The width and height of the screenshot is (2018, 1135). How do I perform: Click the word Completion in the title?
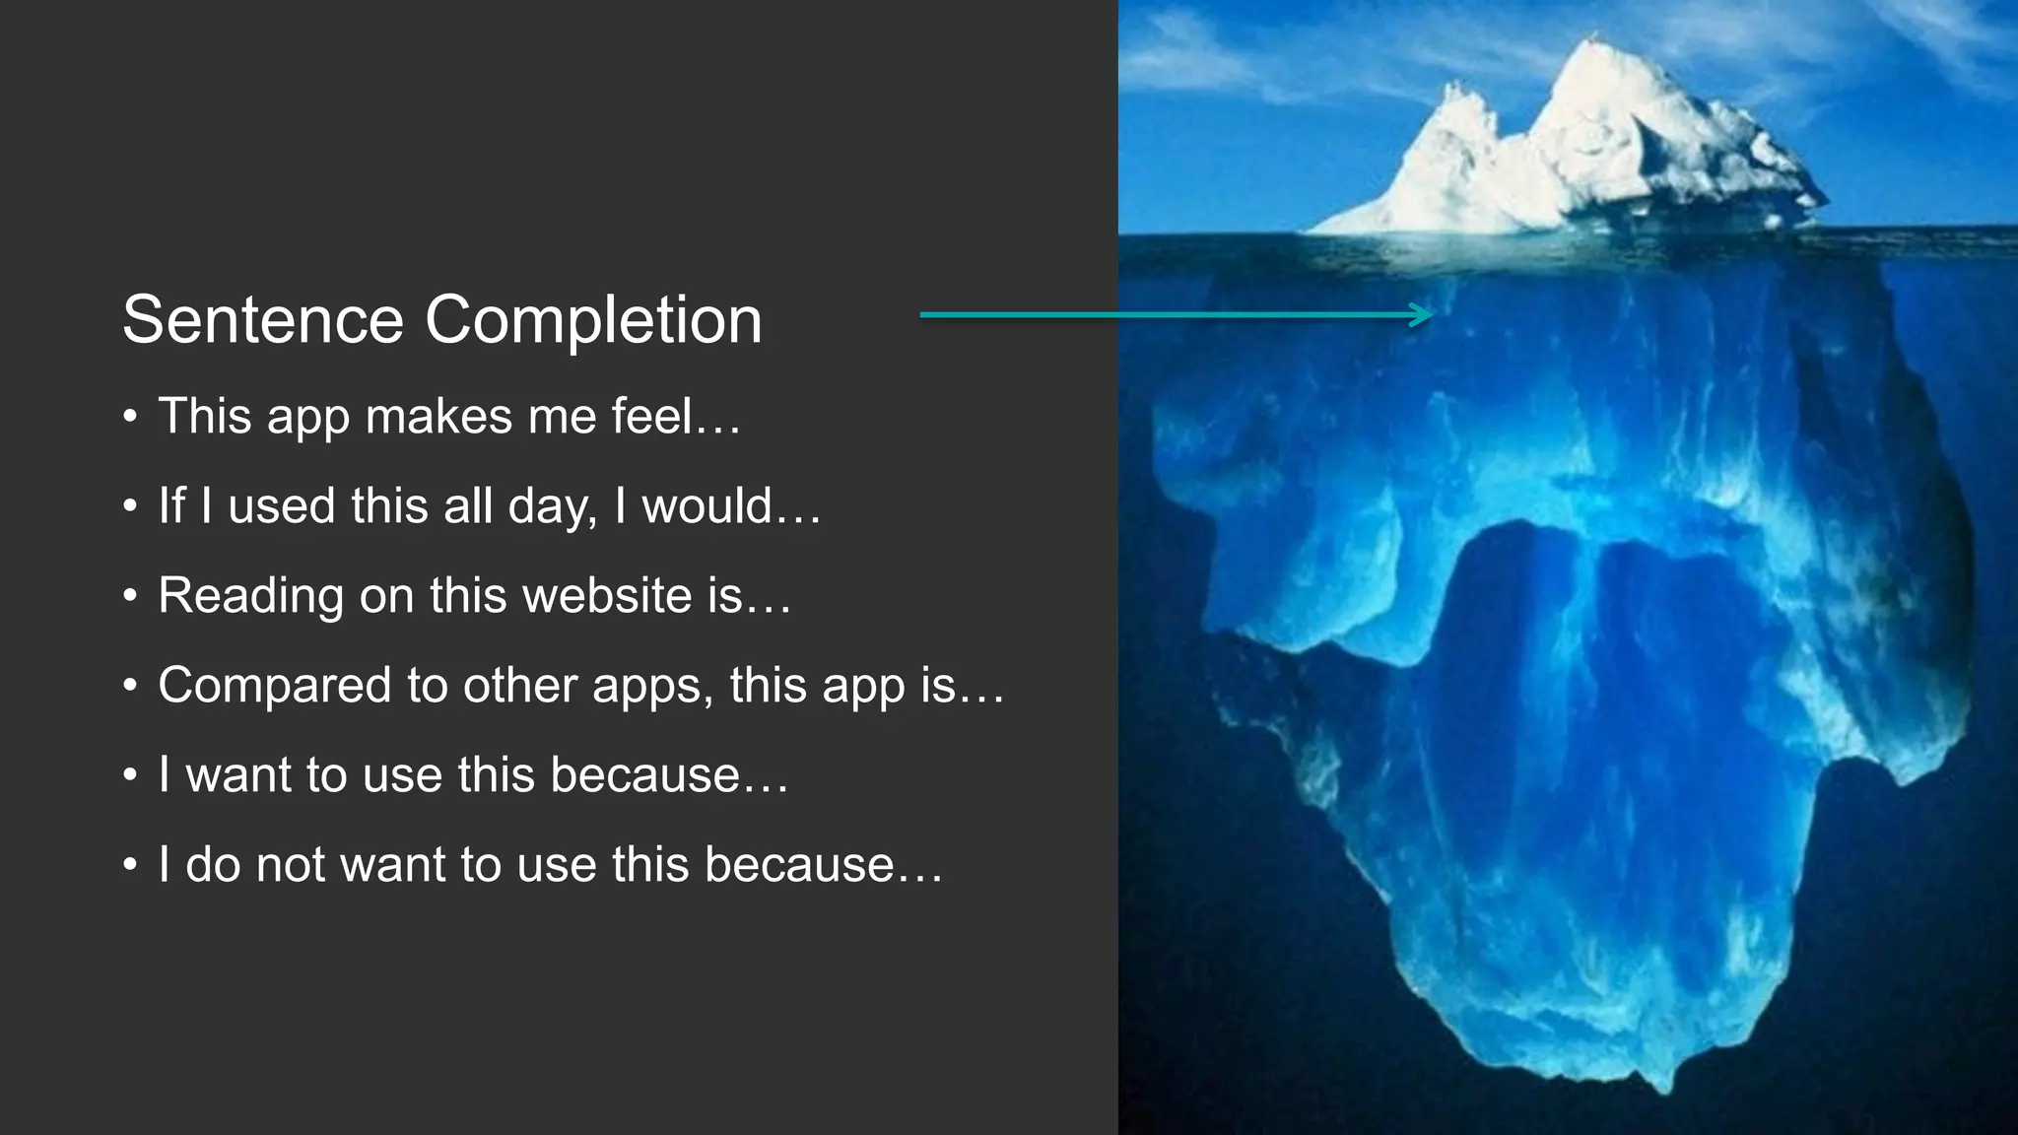click(x=593, y=321)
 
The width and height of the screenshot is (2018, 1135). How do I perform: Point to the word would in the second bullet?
click(x=707, y=505)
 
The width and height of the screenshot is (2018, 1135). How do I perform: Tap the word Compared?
click(x=275, y=686)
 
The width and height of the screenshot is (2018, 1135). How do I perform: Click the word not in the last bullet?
click(x=291, y=864)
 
